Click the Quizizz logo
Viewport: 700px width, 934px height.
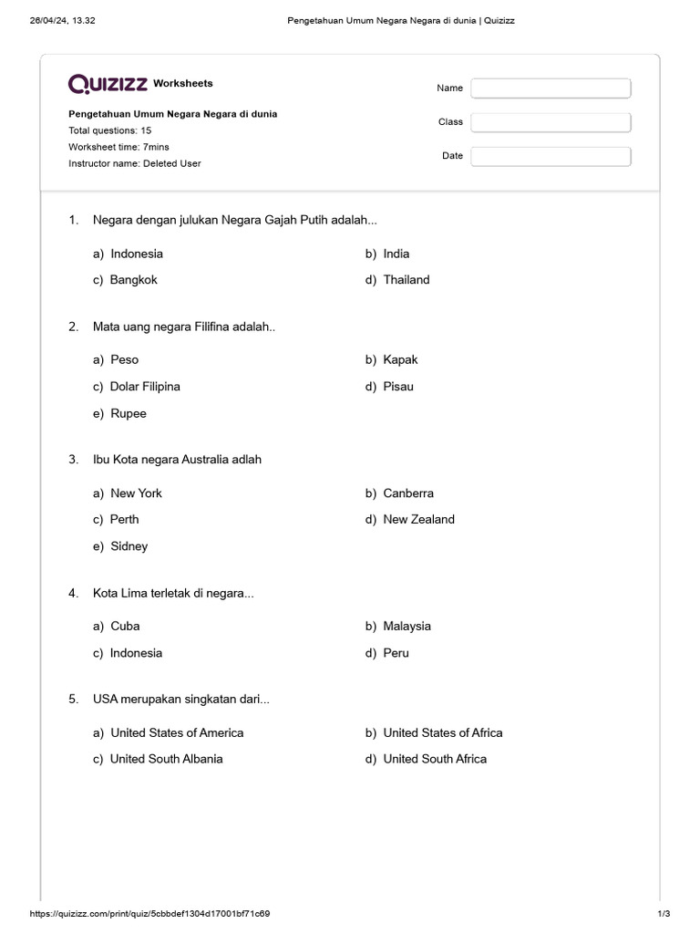coord(108,84)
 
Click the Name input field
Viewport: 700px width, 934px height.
coord(551,88)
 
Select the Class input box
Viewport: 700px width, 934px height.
coord(551,122)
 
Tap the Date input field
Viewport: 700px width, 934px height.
coord(551,156)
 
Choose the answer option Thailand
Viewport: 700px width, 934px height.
coord(406,280)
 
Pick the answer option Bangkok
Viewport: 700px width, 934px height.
coord(133,280)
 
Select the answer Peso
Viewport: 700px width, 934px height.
coord(124,359)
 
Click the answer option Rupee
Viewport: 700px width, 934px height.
coord(128,413)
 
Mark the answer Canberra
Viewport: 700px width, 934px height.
coord(408,493)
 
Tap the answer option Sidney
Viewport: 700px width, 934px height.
coord(129,546)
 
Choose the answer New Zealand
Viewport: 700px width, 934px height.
coord(418,519)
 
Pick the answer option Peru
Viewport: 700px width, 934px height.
coord(396,653)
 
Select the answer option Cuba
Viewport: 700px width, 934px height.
coord(125,626)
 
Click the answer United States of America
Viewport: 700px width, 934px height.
coord(177,732)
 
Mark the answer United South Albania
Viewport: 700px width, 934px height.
coord(166,759)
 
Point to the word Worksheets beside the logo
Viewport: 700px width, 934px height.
coord(183,83)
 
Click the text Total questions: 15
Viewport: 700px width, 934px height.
coord(110,130)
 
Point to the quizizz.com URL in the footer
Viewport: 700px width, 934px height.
coord(150,914)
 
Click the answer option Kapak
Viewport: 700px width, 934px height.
coord(400,359)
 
